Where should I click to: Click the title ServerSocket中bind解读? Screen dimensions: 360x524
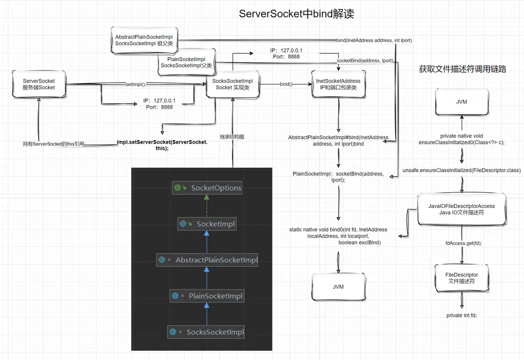(296, 14)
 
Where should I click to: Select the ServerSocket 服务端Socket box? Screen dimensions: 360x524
(39, 84)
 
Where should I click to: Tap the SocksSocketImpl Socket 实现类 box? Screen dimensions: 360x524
(232, 84)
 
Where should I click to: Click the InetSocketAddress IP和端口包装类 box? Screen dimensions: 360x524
(338, 84)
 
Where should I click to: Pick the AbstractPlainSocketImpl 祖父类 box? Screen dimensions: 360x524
(144, 40)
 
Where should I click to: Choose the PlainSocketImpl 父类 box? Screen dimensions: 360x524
(186, 62)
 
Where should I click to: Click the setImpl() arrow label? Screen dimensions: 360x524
(135, 84)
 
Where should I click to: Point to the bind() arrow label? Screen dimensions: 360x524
(286, 84)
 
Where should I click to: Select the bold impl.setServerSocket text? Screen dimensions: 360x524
(162, 145)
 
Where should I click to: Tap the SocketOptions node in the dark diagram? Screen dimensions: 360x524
(207, 188)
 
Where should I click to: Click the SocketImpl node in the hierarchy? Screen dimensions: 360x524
(207, 224)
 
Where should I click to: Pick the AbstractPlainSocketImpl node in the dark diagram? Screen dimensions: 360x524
(207, 260)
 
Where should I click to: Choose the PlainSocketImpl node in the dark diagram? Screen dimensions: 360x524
(207, 296)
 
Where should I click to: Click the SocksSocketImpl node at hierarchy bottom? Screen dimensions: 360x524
(207, 332)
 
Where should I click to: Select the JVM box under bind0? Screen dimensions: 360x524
(338, 287)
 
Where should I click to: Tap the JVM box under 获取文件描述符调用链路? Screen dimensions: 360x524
(461, 101)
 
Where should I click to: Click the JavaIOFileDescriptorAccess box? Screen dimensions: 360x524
(461, 209)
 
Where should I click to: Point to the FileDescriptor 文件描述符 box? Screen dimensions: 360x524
(461, 278)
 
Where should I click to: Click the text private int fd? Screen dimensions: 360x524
(461, 315)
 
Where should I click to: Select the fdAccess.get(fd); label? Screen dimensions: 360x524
(463, 243)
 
